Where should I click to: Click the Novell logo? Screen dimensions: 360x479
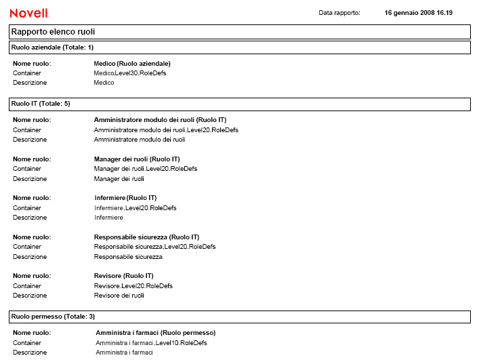click(x=29, y=13)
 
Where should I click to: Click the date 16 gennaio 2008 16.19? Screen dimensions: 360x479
click(x=418, y=13)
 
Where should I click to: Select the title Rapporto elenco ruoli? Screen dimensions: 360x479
click(x=53, y=32)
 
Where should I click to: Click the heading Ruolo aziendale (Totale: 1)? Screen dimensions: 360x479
click(x=52, y=47)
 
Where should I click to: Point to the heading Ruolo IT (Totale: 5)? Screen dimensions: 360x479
click(x=41, y=104)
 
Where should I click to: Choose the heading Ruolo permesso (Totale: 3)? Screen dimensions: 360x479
click(x=53, y=317)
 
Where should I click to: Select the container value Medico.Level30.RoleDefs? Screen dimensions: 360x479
click(x=130, y=73)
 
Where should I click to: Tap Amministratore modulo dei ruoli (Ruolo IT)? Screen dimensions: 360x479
click(x=160, y=120)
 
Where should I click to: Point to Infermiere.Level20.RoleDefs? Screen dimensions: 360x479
click(x=136, y=208)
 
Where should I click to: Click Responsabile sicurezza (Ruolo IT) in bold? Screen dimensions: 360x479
click(x=146, y=237)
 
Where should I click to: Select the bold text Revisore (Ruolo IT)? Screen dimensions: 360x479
click(x=123, y=276)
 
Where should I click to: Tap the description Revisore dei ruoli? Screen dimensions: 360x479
click(x=119, y=296)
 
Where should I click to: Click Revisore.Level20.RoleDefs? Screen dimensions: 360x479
click(x=133, y=286)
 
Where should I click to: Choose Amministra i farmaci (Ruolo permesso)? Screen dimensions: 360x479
click(x=156, y=333)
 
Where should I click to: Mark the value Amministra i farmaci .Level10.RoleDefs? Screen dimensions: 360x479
click(x=151, y=343)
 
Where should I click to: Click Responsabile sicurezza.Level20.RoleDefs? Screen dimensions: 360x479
click(x=154, y=247)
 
